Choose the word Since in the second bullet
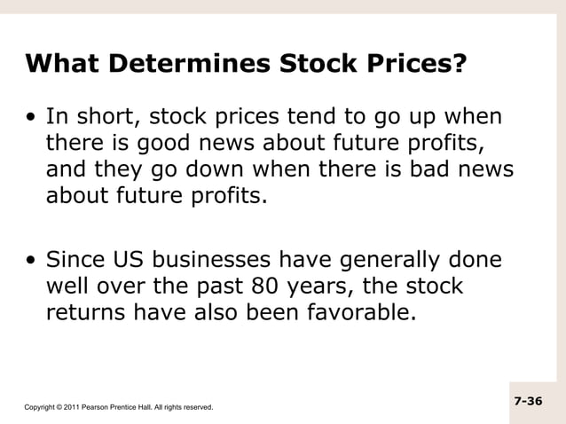coord(76,262)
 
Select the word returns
coord(87,312)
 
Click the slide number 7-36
coord(528,402)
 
